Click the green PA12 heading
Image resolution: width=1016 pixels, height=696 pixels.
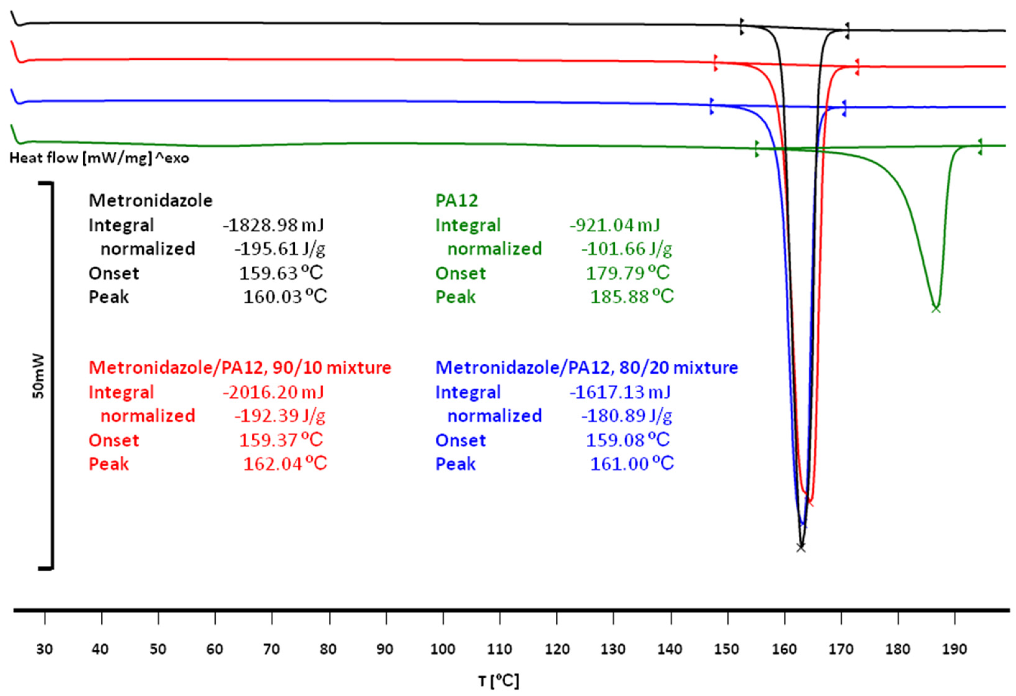457,201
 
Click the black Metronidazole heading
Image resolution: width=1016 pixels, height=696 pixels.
150,201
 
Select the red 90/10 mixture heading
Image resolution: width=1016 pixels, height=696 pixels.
240,368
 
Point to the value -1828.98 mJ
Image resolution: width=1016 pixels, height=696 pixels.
273,225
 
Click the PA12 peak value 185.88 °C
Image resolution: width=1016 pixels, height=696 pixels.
632,297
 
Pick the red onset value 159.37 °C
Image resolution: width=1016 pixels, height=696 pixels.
281,440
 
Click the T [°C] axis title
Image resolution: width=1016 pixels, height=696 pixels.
499,681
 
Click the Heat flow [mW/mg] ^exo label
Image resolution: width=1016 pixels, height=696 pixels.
99,158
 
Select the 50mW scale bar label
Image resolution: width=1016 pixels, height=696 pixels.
39,376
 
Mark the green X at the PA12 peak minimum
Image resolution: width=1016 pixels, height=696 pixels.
936,309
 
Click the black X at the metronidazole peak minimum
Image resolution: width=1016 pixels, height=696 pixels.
801,547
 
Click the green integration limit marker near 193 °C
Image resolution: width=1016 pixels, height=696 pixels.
980,146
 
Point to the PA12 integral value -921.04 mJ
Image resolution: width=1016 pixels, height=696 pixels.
614,225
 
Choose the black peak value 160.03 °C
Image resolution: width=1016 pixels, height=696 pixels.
285,297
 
